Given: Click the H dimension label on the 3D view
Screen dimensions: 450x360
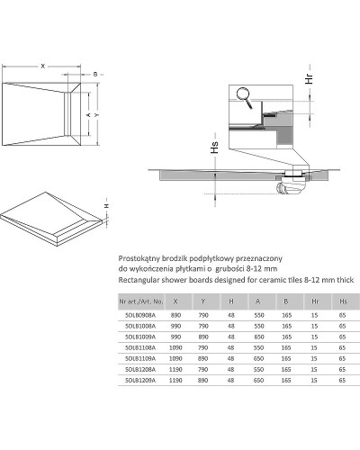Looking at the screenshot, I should click(x=107, y=205).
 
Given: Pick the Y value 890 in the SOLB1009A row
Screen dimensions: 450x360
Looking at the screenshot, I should click(x=202, y=337).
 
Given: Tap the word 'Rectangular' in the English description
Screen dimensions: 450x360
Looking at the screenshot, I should click(x=139, y=281).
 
